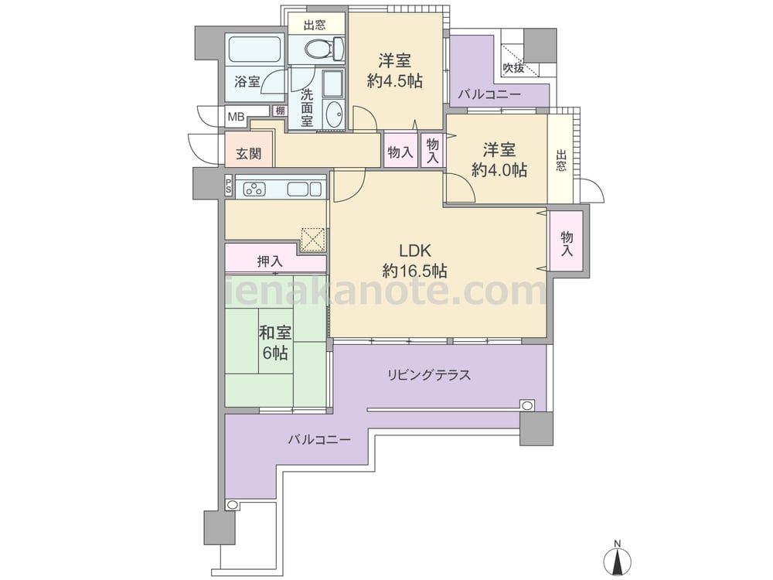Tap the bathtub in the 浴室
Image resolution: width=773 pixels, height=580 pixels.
tap(255, 49)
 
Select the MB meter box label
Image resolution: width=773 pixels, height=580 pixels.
tap(236, 117)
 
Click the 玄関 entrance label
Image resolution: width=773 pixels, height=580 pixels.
tap(248, 154)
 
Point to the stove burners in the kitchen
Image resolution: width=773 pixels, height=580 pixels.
tap(254, 189)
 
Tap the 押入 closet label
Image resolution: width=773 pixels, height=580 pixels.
tap(270, 261)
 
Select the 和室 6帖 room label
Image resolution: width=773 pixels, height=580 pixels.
tap(275, 343)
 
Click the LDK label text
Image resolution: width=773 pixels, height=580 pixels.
tap(414, 251)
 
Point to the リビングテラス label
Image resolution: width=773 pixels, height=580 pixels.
tap(428, 375)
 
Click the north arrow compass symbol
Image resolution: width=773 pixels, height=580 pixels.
tap(617, 558)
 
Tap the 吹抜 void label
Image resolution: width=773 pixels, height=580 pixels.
tap(513, 67)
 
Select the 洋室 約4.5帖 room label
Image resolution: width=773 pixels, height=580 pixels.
tap(394, 70)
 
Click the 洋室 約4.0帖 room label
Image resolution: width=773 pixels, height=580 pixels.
tap(499, 159)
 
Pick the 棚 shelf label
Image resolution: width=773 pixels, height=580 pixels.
tap(280, 111)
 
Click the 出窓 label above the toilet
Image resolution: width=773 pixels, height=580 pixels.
tap(315, 26)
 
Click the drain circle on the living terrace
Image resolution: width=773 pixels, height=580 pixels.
tap(527, 406)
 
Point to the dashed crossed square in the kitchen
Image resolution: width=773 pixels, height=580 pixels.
tap(313, 239)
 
